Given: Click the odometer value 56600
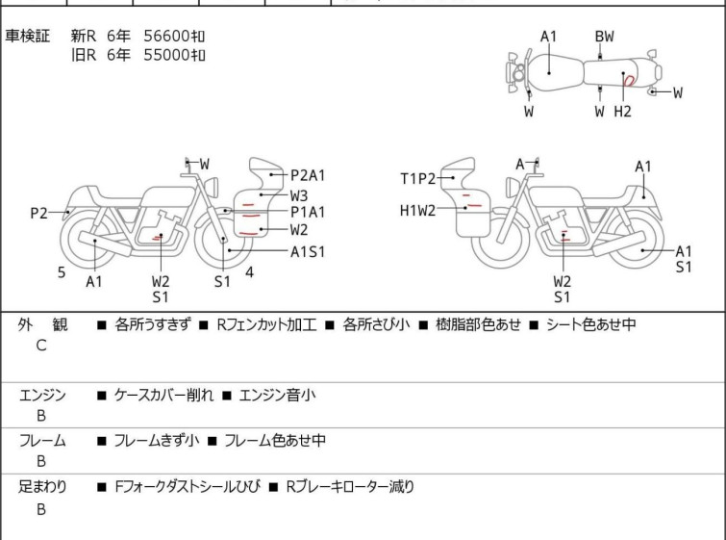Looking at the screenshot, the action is point(165,36).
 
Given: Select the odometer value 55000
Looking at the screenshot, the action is point(165,55).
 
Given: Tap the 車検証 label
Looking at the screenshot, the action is point(27,36).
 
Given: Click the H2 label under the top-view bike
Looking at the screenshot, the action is point(622,112).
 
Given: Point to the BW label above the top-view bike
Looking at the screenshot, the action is point(604,37).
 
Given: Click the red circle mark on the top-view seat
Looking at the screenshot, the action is point(628,81).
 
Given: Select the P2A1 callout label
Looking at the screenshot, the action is point(308,176).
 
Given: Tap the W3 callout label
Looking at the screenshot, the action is point(299,195).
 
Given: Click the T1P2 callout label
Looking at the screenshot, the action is point(417,178).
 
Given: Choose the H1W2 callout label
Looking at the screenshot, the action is point(417,211).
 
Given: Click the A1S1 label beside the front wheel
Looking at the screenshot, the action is point(308,251).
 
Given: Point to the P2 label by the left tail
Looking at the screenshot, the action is point(38,214).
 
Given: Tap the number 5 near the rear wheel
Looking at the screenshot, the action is point(62,272).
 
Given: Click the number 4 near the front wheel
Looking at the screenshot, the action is point(250,272).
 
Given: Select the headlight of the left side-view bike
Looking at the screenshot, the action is point(212,187).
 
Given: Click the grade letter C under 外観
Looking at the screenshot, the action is point(41,346).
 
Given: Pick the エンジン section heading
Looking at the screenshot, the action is point(42,396).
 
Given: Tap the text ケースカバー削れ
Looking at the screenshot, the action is point(163,396).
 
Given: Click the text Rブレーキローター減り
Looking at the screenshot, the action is point(350,487).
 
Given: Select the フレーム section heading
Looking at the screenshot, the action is point(42,440).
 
